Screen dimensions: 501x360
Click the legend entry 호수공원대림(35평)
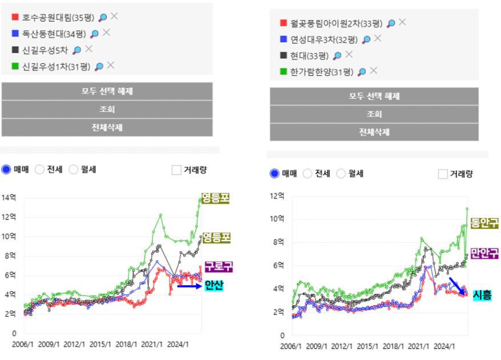58,17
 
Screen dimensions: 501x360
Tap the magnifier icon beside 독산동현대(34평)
94,34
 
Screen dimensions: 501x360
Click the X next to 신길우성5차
89,49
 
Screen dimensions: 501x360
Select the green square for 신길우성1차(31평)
15,66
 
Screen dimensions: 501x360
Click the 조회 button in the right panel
374,114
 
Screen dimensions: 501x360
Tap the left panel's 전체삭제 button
107,128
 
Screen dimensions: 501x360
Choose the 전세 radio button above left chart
39,169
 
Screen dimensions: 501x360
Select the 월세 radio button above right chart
341,173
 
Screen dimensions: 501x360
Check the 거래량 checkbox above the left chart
176,170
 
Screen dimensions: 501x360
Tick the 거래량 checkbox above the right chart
443,174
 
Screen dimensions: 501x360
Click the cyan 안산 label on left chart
214,285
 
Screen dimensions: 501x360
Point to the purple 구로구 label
219,267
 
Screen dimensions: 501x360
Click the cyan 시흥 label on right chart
482,295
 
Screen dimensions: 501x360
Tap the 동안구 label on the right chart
484,223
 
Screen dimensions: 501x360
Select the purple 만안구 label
484,253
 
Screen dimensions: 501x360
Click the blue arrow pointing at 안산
190,286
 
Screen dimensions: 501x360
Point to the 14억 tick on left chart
9,197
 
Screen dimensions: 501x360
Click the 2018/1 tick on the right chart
393,346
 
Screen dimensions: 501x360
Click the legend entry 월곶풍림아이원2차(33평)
336,23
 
